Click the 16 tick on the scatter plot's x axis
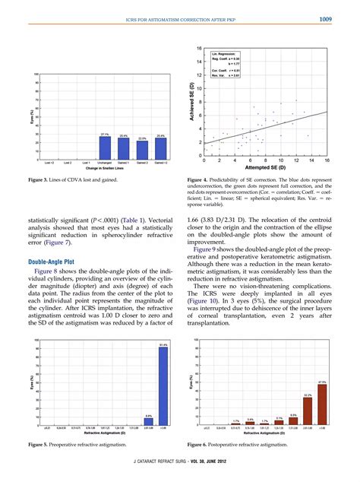(327, 161)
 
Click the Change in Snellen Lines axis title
(105, 166)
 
